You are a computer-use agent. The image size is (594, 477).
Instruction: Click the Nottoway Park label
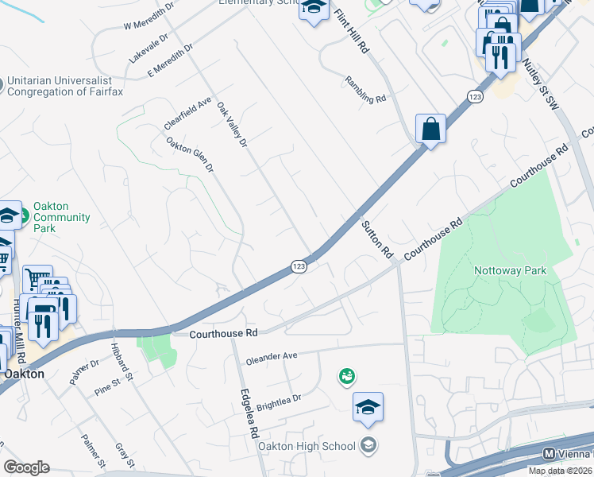click(x=511, y=270)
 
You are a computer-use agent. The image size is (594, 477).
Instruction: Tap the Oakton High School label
click(x=307, y=446)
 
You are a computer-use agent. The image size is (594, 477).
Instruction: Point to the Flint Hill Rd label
click(x=352, y=33)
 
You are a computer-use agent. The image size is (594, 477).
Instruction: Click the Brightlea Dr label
click(x=280, y=399)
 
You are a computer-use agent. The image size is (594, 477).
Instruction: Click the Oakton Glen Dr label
click(x=190, y=155)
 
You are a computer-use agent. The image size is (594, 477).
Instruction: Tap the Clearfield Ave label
click(x=187, y=114)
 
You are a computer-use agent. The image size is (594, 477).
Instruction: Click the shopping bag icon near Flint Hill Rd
click(x=430, y=129)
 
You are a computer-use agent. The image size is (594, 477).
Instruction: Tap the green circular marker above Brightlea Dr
click(x=346, y=375)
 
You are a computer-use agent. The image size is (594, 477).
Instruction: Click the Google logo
click(x=26, y=467)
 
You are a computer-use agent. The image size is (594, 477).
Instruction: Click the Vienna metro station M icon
click(x=548, y=454)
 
